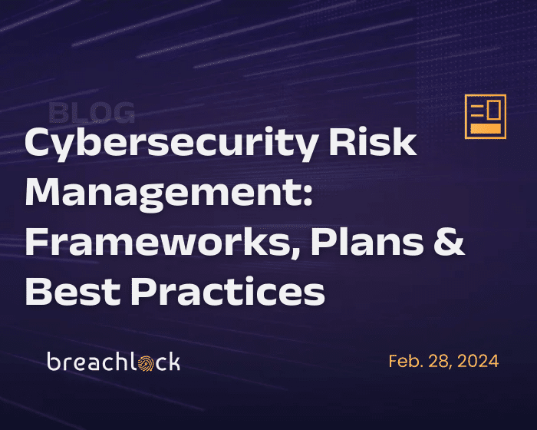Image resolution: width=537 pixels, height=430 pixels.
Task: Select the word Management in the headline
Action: coord(163,193)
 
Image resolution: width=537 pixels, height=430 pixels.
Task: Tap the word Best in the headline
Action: coord(73,291)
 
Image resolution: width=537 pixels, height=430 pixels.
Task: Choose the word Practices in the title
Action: coord(229,291)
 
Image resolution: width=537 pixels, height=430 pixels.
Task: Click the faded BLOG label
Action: coord(91,112)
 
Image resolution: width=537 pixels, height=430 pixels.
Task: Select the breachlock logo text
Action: coord(114,361)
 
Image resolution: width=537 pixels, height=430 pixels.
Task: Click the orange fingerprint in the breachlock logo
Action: coord(147,363)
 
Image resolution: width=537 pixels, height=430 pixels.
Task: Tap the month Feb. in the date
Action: coord(406,361)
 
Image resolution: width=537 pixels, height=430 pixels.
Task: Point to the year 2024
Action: coord(478,361)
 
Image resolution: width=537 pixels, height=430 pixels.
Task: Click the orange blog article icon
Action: coord(486,117)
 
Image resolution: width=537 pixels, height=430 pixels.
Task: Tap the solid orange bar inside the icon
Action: coord(486,128)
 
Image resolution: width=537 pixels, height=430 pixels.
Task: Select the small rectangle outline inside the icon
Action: coord(494,109)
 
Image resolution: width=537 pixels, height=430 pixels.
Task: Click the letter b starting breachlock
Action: coord(54,361)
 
